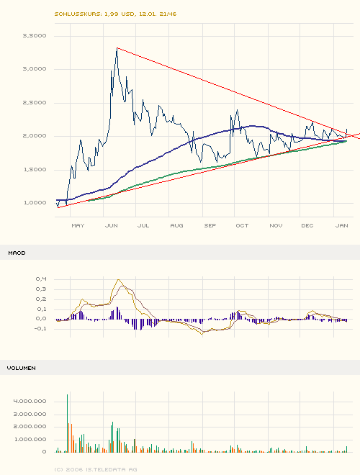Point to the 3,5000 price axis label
[35, 35]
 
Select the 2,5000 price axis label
[35, 102]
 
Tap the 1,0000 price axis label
[35, 203]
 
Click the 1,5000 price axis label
[35, 169]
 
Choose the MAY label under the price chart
[78, 225]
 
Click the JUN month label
[112, 225]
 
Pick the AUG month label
[176, 225]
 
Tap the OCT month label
[242, 225]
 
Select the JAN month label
[341, 225]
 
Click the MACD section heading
[17, 253]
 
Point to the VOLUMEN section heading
[22, 368]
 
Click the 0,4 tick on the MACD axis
[41, 279]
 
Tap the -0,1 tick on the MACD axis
[40, 329]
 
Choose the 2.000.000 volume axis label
[30, 426]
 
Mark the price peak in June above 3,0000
[117, 49]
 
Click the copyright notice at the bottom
[95, 469]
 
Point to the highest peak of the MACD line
[120, 281]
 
